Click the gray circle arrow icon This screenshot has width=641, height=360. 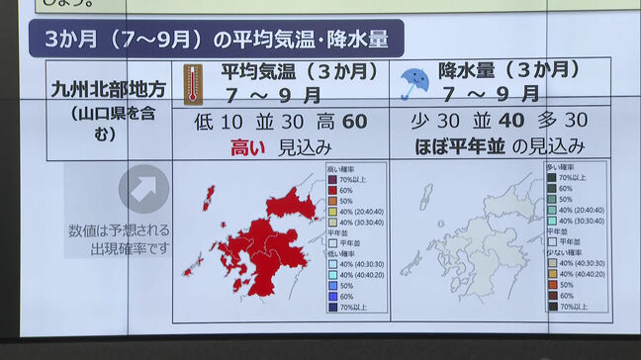pyautogui.click(x=143, y=189)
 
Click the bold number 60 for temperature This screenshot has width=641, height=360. pyautogui.click(x=354, y=122)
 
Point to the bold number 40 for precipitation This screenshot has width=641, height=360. pyautogui.click(x=513, y=122)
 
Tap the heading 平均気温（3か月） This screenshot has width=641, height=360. pyautogui.click(x=299, y=71)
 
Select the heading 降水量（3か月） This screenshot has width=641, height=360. pyautogui.click(x=509, y=71)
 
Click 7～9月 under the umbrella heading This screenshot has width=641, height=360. pyautogui.click(x=492, y=96)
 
